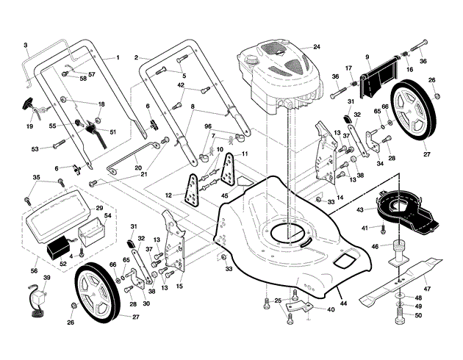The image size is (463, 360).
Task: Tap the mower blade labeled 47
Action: pos(401,283)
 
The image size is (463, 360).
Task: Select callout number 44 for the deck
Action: pos(343,303)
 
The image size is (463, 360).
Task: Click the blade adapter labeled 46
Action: pos(398,253)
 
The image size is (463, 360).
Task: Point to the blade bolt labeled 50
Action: pos(398,315)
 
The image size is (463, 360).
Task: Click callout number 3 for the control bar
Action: pos(26,45)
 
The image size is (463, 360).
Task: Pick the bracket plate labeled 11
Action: pos(229,170)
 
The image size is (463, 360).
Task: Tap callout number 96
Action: pos(208,126)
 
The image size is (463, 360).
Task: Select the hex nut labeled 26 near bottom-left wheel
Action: pos(74,306)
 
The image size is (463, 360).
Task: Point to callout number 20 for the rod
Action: pos(138,168)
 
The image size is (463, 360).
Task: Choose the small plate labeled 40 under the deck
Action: pos(298,306)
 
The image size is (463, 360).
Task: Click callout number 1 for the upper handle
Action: pos(118,57)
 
